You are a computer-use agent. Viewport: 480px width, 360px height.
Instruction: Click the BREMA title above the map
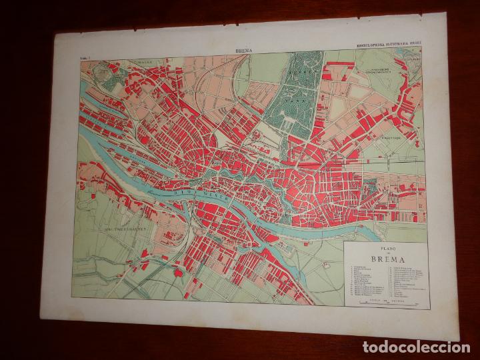coord(244,49)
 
